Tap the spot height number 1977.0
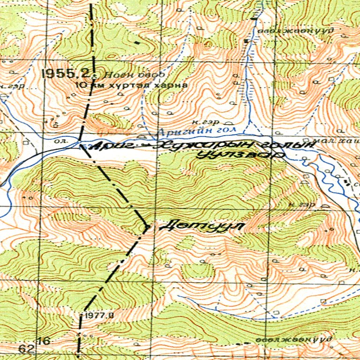99,315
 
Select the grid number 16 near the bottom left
44,341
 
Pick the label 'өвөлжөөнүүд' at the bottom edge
294,338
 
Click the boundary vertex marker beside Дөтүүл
147,227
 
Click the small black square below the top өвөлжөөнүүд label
246,41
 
